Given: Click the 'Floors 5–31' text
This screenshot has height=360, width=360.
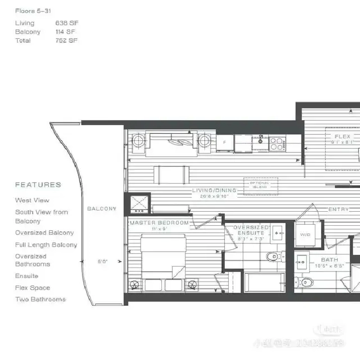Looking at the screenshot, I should pyautogui.click(x=33, y=11).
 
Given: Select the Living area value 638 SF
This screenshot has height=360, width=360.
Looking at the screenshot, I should pyautogui.click(x=66, y=23).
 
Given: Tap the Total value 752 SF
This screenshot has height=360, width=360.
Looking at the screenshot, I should pyautogui.click(x=66, y=40).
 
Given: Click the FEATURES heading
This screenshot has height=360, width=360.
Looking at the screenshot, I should pyautogui.click(x=38, y=185).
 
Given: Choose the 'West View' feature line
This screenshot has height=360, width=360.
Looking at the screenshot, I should pyautogui.click(x=32, y=200).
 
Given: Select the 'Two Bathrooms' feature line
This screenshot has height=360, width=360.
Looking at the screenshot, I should pyautogui.click(x=40, y=299).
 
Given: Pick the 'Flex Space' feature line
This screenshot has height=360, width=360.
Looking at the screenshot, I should pyautogui.click(x=33, y=288).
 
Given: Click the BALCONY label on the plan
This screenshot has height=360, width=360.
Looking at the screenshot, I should pyautogui.click(x=102, y=209).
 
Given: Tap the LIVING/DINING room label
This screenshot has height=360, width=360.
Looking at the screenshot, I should pyautogui.click(x=214, y=191).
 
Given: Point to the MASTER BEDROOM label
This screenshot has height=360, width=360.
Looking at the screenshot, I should pyautogui.click(x=159, y=223).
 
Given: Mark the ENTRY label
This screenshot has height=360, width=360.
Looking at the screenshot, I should pyautogui.click(x=338, y=209).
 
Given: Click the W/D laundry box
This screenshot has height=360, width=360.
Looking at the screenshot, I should pyautogui.click(x=305, y=234).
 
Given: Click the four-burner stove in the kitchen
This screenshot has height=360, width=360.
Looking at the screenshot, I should pyautogui.click(x=277, y=144).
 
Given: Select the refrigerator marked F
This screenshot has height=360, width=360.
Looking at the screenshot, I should pyautogui.click(x=225, y=143).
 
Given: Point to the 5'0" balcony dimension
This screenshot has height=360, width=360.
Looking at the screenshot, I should pyautogui.click(x=103, y=261).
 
